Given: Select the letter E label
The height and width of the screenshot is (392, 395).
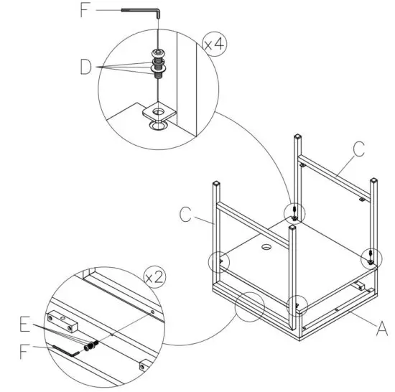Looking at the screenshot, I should tap(27, 326).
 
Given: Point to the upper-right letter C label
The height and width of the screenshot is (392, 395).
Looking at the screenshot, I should tap(358, 149).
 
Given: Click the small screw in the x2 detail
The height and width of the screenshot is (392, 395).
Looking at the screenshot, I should tap(92, 346).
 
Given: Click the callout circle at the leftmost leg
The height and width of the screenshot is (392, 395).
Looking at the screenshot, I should tap(219, 261).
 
